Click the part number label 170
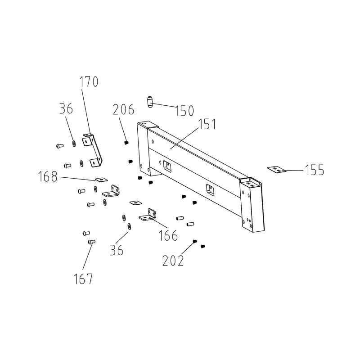(x=89, y=81)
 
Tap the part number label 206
(x=123, y=109)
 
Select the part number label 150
(x=184, y=111)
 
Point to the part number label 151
(x=207, y=124)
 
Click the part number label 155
(x=315, y=170)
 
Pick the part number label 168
(x=48, y=176)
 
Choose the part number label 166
(x=168, y=235)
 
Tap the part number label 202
(x=173, y=261)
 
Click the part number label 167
(x=83, y=279)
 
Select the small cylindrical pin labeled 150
(x=150, y=102)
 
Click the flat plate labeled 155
(x=276, y=170)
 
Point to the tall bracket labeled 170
(x=92, y=150)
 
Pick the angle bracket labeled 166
(x=148, y=215)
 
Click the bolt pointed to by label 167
(x=92, y=242)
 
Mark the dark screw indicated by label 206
(x=126, y=143)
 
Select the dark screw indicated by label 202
(x=195, y=241)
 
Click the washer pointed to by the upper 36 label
(x=74, y=144)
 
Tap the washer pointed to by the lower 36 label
(x=129, y=226)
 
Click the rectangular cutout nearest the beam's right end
(x=210, y=189)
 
